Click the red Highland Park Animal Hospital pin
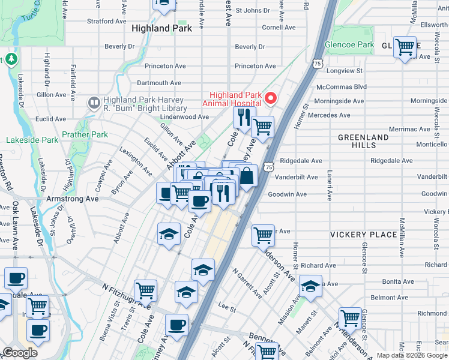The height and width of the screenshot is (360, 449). tap(271, 98)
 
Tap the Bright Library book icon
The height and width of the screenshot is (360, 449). tap(94, 104)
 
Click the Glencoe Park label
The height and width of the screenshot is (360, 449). tap(349, 45)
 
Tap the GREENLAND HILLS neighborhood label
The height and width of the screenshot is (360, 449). tap(363, 141)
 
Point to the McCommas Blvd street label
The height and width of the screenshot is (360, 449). tap(341, 86)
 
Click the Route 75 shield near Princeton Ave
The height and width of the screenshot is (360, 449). tap(318, 62)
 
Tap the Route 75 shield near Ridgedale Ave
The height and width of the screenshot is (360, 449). tap(269, 163)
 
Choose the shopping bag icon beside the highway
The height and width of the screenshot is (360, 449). tap(246, 177)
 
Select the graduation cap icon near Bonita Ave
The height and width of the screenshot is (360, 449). tap(310, 286)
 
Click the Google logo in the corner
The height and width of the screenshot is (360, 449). tap(20, 353)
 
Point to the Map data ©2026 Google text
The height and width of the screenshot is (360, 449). tap(412, 355)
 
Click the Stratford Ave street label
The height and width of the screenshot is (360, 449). tap(104, 21)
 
